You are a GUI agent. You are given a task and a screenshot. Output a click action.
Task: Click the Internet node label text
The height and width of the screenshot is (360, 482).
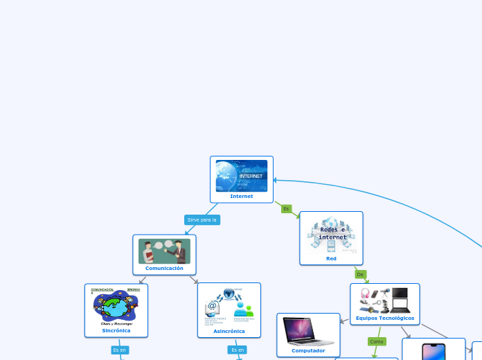pyautogui.click(x=242, y=196)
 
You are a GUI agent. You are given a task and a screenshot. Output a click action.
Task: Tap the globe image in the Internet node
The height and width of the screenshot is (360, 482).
pyautogui.click(x=242, y=176)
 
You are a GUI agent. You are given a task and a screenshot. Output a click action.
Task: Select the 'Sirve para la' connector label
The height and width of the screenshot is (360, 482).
pyautogui.click(x=202, y=219)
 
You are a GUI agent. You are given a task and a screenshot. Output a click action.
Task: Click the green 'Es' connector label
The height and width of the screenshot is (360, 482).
pyautogui.click(x=286, y=208)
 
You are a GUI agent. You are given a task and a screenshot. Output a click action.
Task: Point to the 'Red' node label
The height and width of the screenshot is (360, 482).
pyautogui.click(x=331, y=258)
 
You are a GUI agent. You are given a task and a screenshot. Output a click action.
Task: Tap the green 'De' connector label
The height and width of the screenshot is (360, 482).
pyautogui.click(x=360, y=274)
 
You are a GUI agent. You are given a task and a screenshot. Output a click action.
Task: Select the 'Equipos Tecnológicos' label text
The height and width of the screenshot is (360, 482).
pyautogui.click(x=385, y=318)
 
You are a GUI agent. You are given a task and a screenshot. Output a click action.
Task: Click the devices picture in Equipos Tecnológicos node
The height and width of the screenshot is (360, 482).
pyautogui.click(x=385, y=300)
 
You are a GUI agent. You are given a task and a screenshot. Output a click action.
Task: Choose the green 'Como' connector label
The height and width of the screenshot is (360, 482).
pyautogui.click(x=377, y=341)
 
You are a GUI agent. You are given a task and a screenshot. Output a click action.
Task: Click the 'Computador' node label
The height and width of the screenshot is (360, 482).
pyautogui.click(x=308, y=350)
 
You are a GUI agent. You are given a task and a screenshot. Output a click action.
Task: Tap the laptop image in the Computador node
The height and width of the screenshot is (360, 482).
pyautogui.click(x=308, y=331)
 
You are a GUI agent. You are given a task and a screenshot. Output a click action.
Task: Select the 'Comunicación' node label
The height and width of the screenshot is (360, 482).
pyautogui.click(x=164, y=268)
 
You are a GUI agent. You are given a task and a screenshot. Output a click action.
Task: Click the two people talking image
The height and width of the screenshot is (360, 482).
pyautogui.click(x=164, y=251)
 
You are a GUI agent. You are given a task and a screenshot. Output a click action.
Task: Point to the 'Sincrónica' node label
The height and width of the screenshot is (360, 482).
pyautogui.click(x=116, y=330)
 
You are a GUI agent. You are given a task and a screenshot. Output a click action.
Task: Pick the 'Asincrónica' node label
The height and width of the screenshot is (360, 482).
pyautogui.click(x=229, y=331)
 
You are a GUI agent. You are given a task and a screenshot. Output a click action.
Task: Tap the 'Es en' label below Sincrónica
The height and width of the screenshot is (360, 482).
pyautogui.click(x=119, y=350)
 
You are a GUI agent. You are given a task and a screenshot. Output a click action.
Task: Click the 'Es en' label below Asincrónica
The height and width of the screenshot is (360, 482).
pyautogui.click(x=238, y=350)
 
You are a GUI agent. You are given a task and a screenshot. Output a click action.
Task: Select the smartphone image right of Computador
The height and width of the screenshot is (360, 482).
pyautogui.click(x=434, y=351)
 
